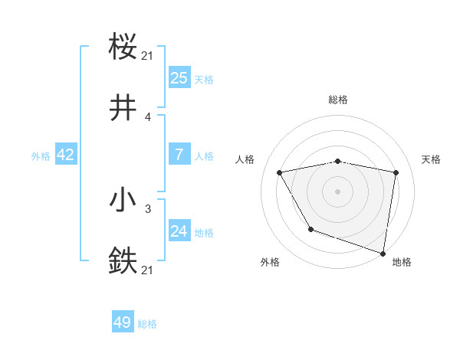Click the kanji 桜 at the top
123,47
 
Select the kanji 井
123,108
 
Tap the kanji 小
123,200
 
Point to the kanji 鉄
123,260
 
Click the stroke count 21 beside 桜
148,56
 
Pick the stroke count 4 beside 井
148,117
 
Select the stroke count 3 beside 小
148,208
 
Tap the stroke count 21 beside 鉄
148,270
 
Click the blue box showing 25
179,78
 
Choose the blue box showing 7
179,155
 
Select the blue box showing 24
179,231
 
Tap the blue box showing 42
66,155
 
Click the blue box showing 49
123,323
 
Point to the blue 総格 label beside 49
147,324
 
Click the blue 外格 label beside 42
41,155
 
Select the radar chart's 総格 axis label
338,100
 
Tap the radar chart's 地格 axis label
402,263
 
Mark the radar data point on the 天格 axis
396,172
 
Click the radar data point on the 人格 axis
280,172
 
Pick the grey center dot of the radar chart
338,191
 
